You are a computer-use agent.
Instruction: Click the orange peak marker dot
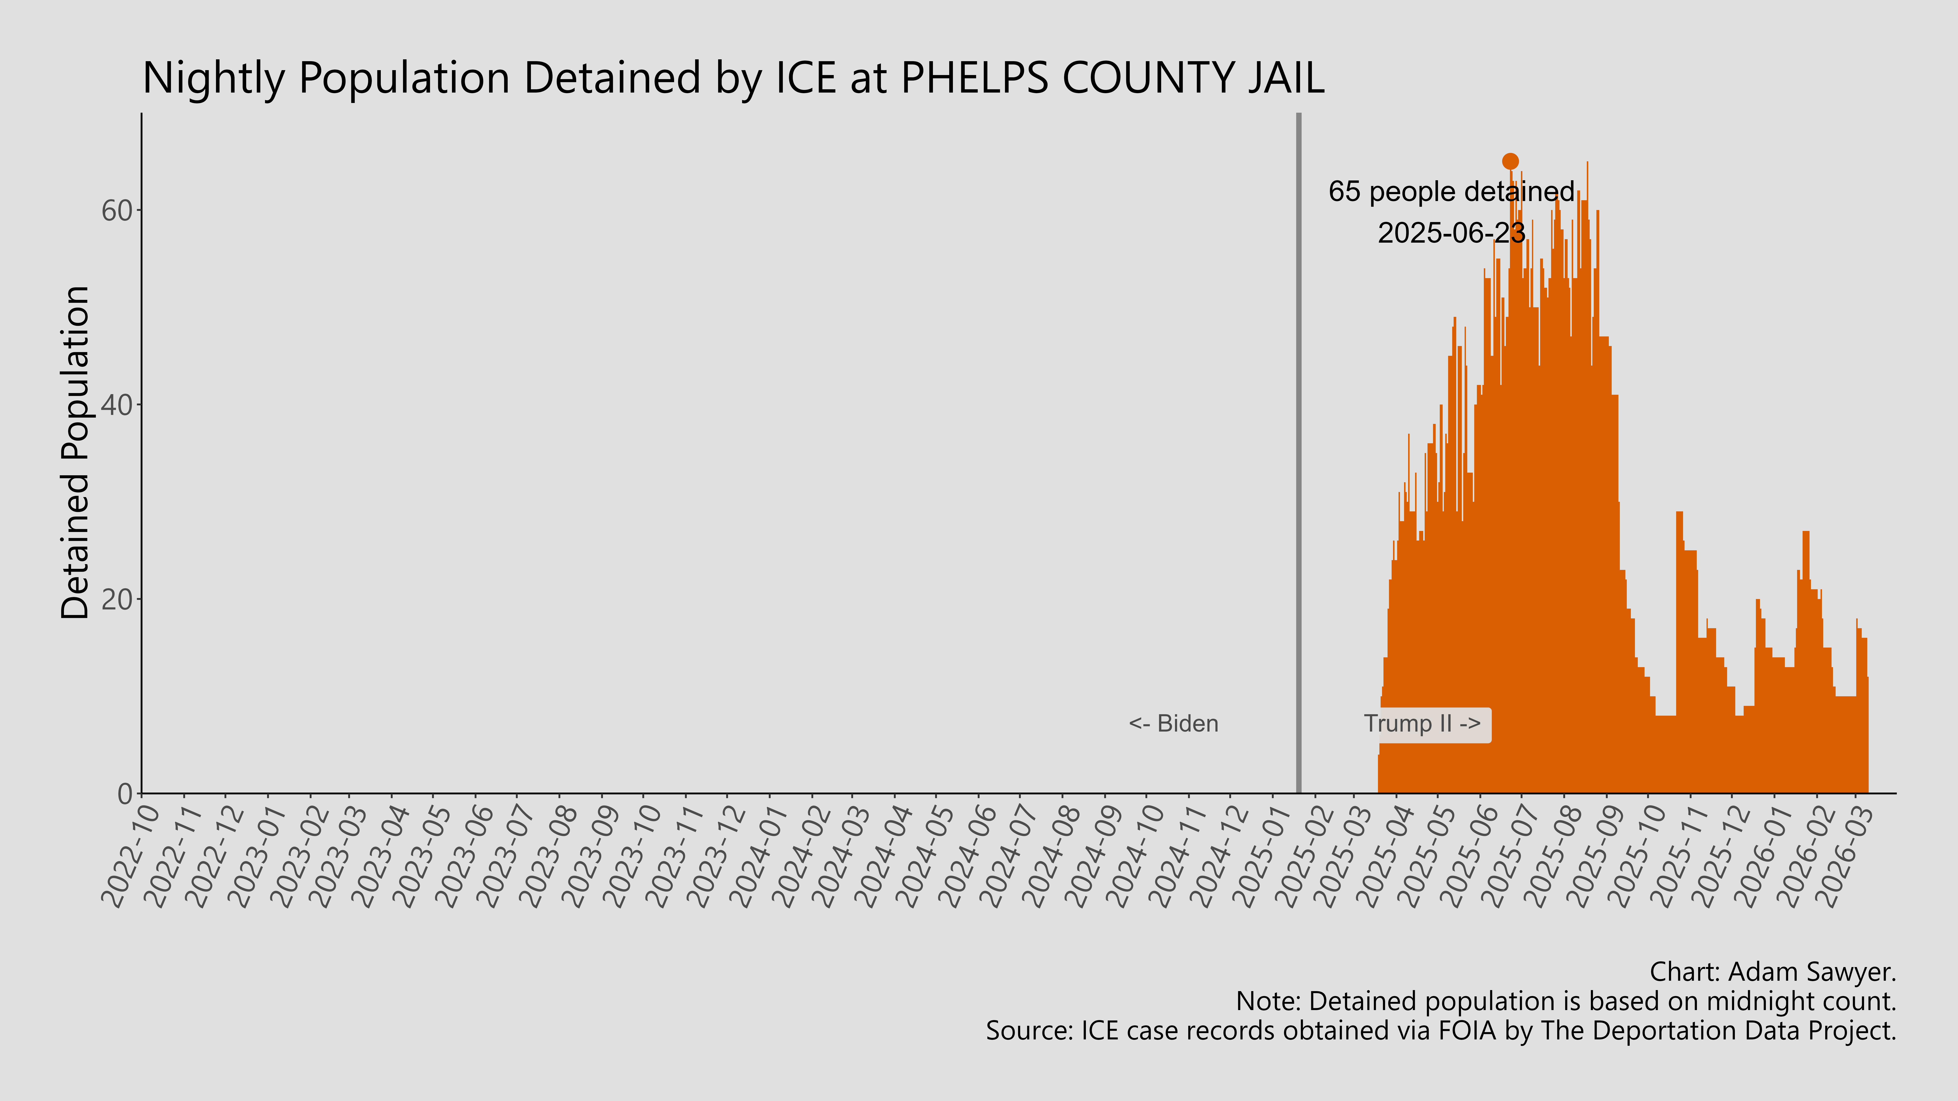[1510, 161]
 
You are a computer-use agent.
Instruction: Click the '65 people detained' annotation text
[1451, 191]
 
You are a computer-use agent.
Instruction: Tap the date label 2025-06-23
[1451, 232]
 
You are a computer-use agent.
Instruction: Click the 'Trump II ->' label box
[1422, 724]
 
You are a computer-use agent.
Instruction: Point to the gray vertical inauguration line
[1298, 456]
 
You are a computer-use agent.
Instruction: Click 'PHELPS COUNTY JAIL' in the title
[1112, 77]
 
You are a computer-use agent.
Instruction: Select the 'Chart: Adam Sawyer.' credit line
[1772, 972]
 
